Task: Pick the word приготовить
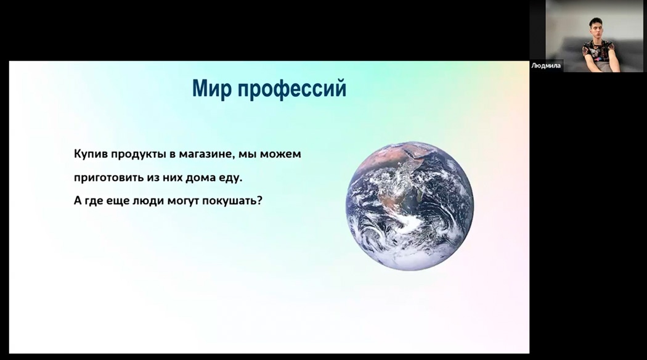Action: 109,178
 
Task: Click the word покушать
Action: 230,202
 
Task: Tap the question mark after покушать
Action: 259,201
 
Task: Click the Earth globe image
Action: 410,206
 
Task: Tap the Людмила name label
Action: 546,65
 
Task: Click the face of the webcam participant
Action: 596,30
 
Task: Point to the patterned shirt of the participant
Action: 598,54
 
